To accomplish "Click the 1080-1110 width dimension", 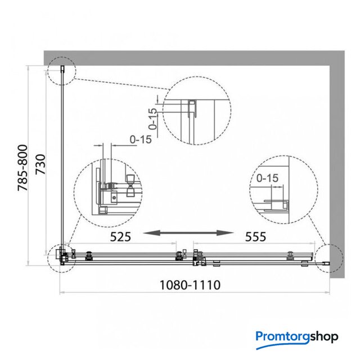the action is coord(190,285).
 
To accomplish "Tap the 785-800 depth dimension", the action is coord(23,168).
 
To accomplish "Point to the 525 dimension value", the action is coord(120,237).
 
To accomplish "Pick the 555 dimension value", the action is coord(255,237).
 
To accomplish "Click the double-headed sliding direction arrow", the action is coord(188,233).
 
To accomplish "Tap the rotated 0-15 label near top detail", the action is coord(152,119).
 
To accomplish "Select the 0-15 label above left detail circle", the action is coord(141,139).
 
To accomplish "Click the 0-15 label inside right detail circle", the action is coord(267,178).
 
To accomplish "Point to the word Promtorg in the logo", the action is coord(283,336).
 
